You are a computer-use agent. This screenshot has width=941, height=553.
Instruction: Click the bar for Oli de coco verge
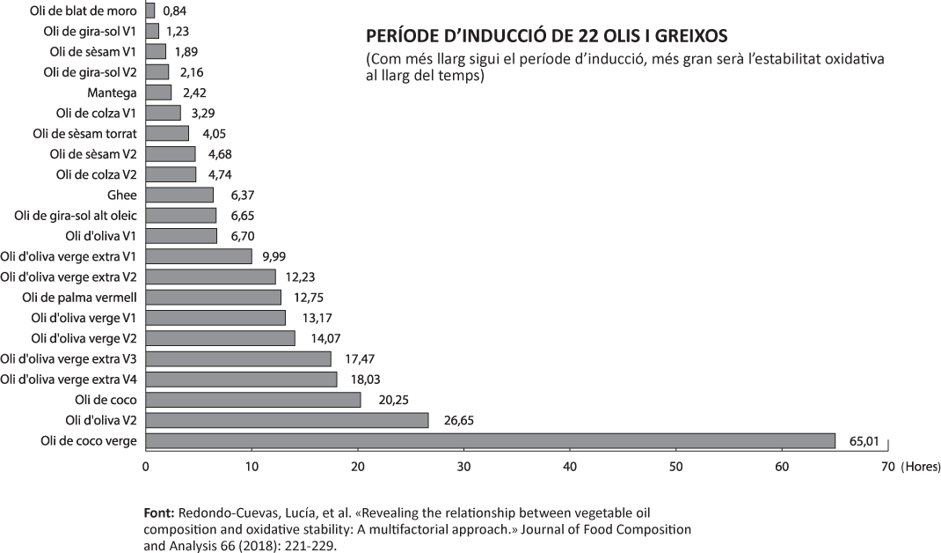point(490,440)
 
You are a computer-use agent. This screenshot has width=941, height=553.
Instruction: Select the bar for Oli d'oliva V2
point(287,420)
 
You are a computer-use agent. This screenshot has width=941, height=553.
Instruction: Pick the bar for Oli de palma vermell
point(213,297)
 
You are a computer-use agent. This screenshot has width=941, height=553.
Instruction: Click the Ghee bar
point(179,195)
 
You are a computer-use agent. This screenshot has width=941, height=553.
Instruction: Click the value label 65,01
point(867,440)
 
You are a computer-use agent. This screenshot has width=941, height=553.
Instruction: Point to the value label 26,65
point(460,420)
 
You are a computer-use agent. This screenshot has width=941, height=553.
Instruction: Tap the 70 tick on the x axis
point(888,467)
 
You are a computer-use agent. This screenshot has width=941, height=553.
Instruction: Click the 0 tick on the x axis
point(145,467)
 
